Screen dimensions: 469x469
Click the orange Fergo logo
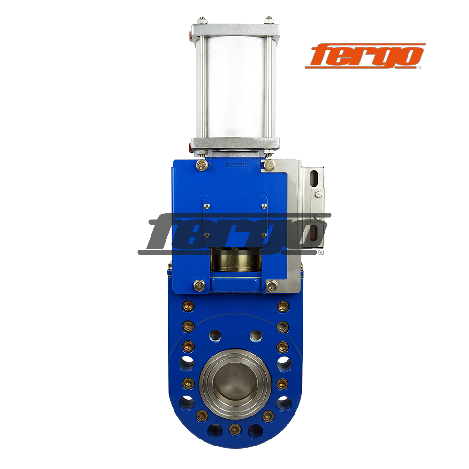[365, 56]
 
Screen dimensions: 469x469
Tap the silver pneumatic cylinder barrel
[235, 87]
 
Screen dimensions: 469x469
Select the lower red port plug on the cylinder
[190, 147]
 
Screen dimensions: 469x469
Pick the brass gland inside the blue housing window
[235, 260]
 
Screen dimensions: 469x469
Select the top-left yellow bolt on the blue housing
[202, 165]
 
